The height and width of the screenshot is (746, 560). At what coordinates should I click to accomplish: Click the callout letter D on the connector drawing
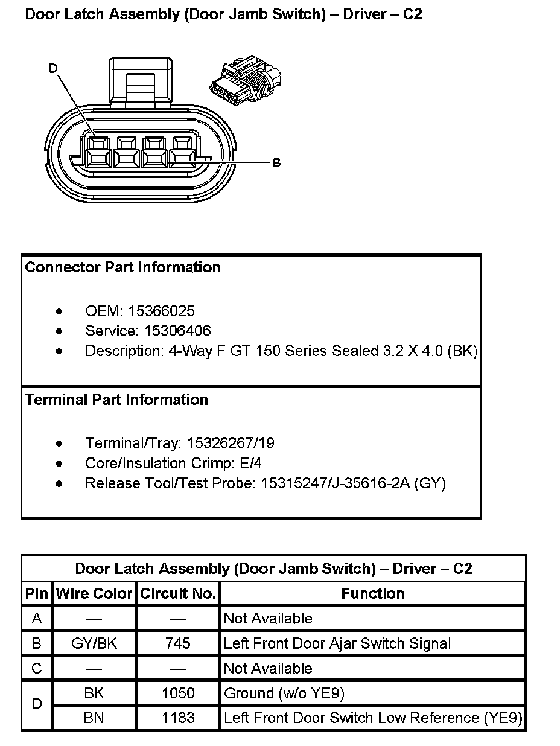point(53,69)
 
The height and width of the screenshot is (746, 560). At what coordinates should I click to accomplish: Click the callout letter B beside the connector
point(276,163)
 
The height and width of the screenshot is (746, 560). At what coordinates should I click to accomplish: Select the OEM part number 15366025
point(161,311)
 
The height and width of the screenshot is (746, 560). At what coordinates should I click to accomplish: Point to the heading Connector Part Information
point(123,267)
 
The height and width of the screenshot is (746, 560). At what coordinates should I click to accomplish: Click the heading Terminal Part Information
point(116,400)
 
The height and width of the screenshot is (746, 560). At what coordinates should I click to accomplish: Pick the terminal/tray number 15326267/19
point(231,444)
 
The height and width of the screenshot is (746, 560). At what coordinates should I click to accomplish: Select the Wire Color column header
point(94,594)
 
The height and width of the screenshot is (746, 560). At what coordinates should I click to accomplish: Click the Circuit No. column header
point(178,594)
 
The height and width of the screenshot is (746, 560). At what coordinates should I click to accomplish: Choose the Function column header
point(372,594)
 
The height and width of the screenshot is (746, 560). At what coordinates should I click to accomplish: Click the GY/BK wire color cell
point(94,643)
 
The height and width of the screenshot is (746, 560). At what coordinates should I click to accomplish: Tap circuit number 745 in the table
point(178,643)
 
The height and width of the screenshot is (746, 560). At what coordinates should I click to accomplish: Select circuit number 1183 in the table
point(178,718)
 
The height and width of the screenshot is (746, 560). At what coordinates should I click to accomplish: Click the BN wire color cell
point(94,718)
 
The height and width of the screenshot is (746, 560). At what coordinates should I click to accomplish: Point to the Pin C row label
point(37,669)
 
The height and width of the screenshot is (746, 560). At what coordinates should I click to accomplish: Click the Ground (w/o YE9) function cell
point(284,693)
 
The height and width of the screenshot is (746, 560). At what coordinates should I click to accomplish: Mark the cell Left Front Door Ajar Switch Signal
point(337,643)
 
